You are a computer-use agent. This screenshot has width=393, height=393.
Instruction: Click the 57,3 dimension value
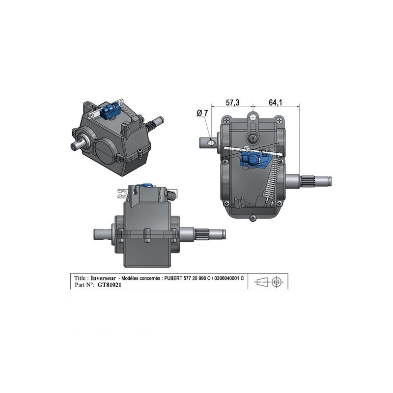click(232, 102)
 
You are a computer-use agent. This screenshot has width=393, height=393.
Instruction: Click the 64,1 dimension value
click(276, 102)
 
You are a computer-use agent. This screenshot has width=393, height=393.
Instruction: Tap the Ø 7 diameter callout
click(202, 113)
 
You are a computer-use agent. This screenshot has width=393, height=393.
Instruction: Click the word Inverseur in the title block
click(103, 278)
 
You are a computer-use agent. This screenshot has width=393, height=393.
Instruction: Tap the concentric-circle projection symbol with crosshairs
click(276, 282)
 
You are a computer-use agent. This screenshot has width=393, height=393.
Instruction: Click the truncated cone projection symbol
click(261, 282)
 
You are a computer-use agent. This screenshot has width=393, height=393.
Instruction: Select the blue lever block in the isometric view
click(109, 112)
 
